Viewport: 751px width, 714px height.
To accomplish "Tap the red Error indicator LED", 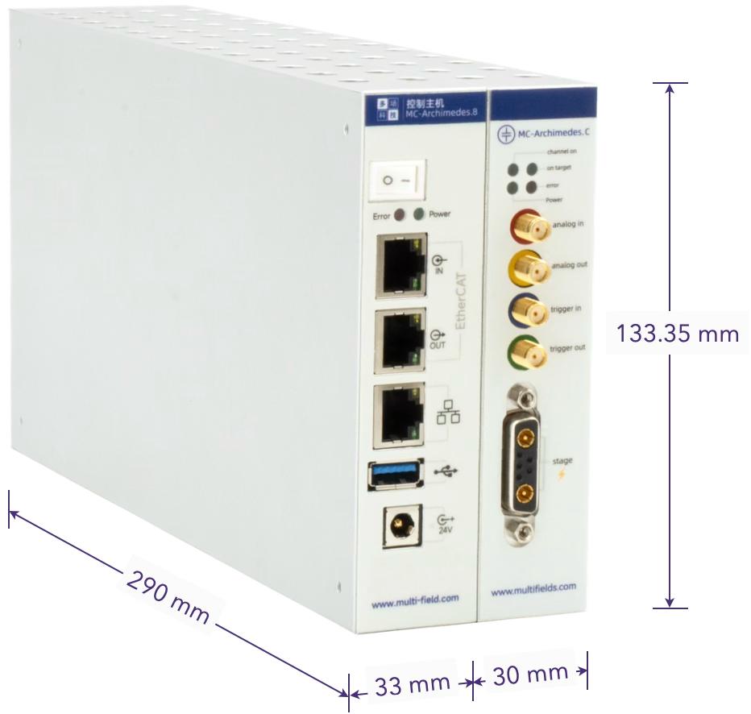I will coord(398,214).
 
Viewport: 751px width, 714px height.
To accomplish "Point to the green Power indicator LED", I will coord(419,214).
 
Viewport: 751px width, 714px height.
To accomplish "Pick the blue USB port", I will coord(394,474).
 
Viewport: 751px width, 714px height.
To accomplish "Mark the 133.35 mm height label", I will coord(678,332).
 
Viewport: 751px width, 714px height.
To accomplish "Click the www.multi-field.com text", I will coord(415,598).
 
